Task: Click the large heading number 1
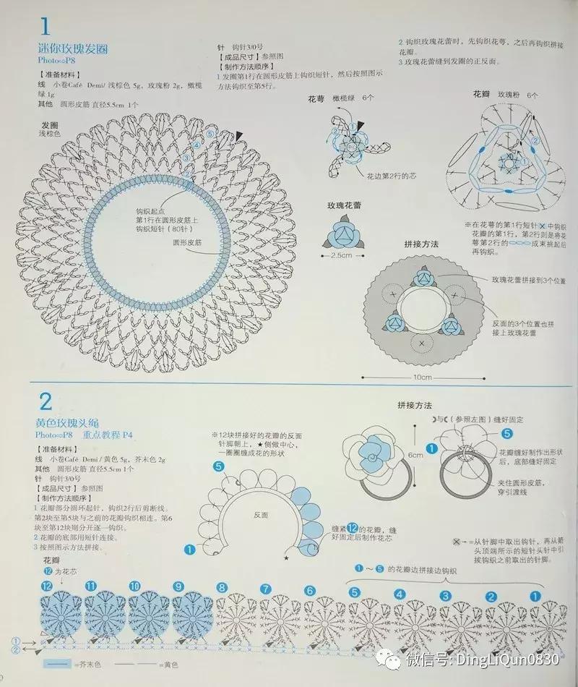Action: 45,27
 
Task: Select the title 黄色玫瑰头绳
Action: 72,422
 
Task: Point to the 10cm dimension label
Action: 423,377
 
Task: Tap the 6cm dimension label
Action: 415,456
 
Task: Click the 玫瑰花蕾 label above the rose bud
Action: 344,205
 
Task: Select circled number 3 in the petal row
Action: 446,594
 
